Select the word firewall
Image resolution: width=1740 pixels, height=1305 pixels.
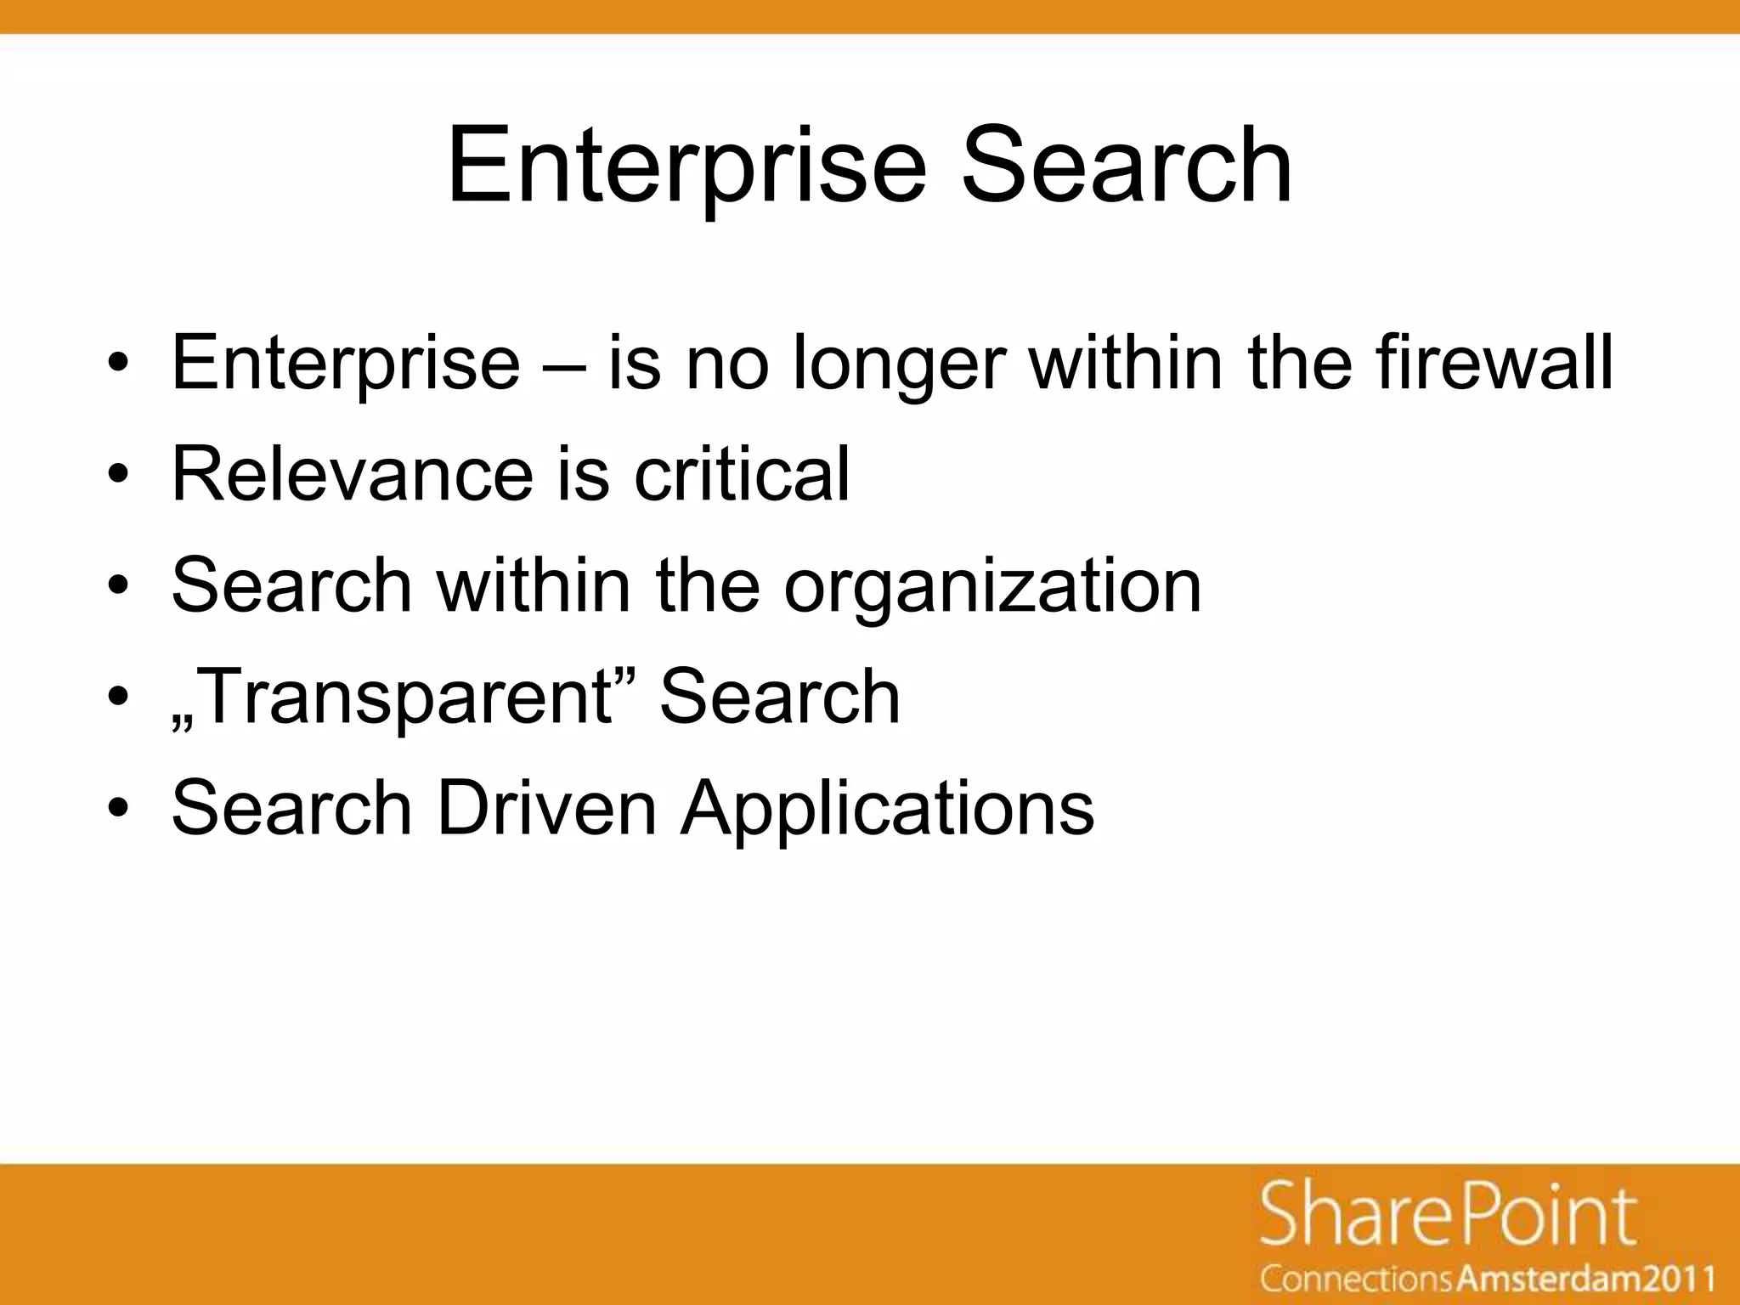(1494, 364)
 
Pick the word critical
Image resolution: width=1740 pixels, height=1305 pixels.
(742, 473)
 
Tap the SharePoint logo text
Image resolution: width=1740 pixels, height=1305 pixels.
(1448, 1217)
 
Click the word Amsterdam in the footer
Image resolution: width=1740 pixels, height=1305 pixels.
(1544, 1280)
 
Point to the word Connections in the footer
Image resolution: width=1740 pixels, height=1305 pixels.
(1357, 1280)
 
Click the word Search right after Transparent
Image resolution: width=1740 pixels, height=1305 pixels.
(779, 697)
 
